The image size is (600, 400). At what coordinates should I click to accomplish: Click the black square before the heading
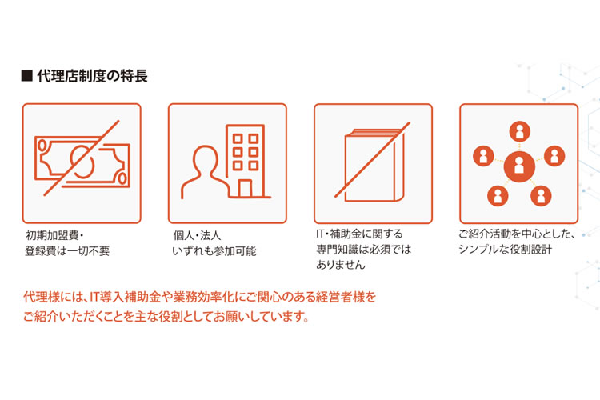tap(26, 76)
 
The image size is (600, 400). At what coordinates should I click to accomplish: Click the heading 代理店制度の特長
tap(92, 76)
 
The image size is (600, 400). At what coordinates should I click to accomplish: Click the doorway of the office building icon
tap(245, 188)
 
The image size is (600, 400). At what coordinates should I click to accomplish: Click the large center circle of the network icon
tap(519, 166)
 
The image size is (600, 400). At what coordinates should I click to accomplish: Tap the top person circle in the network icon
tap(520, 131)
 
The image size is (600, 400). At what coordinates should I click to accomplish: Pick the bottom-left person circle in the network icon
tap(498, 195)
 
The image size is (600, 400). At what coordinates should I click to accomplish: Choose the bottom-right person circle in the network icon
tap(541, 195)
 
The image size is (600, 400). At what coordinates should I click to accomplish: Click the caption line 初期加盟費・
tap(54, 235)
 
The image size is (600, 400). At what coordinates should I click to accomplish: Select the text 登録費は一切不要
tap(67, 251)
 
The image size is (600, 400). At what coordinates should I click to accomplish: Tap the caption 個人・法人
tap(197, 235)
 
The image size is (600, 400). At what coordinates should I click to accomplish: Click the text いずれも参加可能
tap(214, 251)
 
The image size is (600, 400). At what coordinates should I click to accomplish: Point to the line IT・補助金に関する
tap(360, 234)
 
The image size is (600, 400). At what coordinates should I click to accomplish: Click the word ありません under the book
tap(341, 265)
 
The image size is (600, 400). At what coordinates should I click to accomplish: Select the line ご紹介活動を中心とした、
tap(517, 234)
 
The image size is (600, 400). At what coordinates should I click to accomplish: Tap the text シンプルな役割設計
tap(505, 250)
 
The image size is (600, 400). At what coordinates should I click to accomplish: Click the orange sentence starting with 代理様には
tap(200, 297)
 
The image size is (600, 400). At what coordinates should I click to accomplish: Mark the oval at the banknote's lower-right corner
tap(122, 178)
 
